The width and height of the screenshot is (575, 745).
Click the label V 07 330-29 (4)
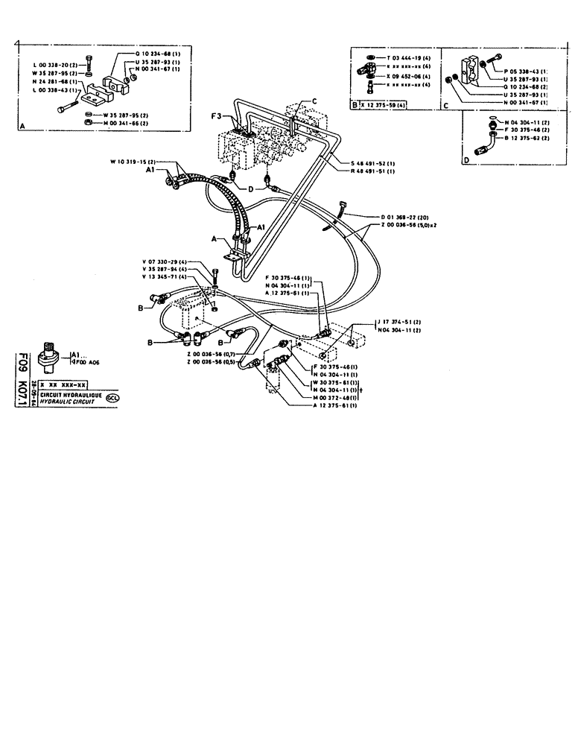pyautogui.click(x=165, y=261)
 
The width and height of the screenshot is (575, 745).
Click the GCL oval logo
pyautogui.click(x=112, y=397)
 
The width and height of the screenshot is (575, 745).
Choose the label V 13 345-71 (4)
pyautogui.click(x=165, y=277)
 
